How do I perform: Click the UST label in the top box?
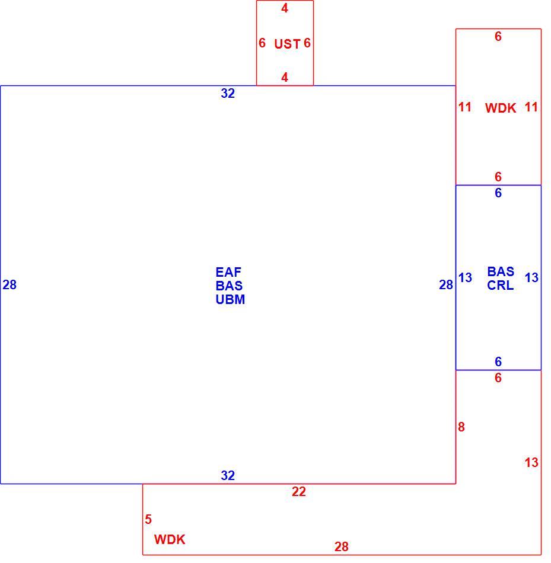287,44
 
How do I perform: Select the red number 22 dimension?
299,491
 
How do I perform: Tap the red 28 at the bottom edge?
342,546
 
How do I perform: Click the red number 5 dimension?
148,519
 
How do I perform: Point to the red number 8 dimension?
461,427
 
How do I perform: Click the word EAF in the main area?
228,272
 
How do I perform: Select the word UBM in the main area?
230,299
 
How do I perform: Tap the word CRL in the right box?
501,286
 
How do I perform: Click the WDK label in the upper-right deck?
501,108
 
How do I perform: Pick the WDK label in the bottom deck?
170,539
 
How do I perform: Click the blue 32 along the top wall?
228,94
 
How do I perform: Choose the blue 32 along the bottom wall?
228,475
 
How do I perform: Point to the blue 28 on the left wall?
9,284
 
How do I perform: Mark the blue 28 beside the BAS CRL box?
446,284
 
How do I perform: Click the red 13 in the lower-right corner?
531,462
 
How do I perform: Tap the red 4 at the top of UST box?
285,8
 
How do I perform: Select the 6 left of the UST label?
262,43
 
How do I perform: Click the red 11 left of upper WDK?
465,107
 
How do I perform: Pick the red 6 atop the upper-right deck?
498,36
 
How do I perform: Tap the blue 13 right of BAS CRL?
531,277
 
